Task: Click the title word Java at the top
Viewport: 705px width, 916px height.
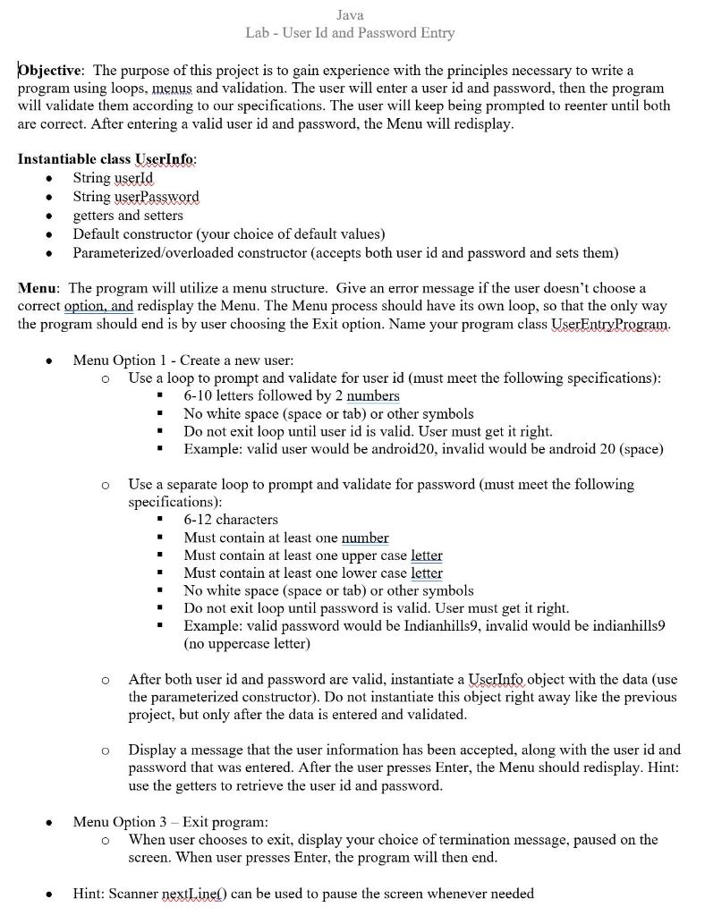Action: click(x=350, y=15)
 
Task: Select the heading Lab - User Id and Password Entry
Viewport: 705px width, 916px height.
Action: click(x=350, y=33)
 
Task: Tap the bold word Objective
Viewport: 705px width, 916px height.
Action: click(x=51, y=70)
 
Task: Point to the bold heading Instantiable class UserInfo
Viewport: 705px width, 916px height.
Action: click(x=107, y=159)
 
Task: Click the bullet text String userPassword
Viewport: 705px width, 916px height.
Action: click(x=136, y=197)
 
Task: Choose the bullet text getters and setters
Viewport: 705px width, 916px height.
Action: click(x=127, y=216)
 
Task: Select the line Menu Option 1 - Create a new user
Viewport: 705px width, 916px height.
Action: click(x=183, y=360)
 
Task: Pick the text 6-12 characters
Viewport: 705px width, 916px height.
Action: click(x=231, y=520)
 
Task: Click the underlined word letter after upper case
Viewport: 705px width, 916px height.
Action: click(x=426, y=556)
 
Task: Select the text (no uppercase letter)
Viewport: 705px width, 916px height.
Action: click(x=247, y=644)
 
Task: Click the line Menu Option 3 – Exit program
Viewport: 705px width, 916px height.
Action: click(x=170, y=821)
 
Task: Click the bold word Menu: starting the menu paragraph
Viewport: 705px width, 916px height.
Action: click(x=38, y=288)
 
